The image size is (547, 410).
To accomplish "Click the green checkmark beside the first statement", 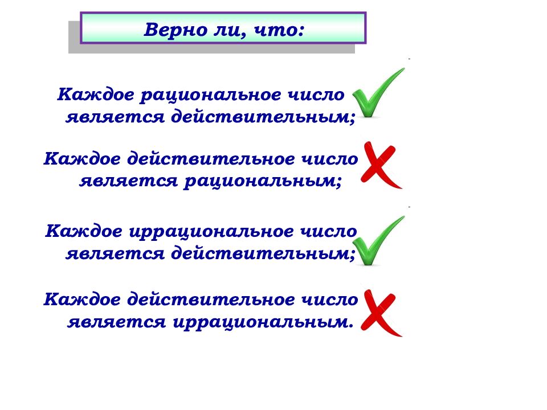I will (x=377, y=94).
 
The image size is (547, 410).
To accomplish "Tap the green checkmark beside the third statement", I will (x=378, y=241).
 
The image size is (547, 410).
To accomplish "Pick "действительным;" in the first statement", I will (x=262, y=117).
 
